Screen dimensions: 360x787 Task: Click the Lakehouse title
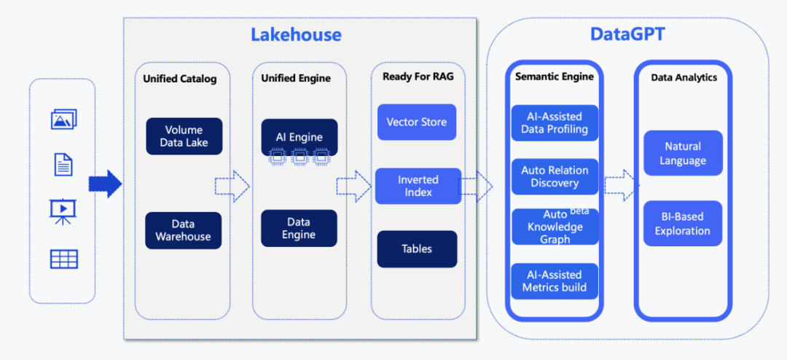[296, 34]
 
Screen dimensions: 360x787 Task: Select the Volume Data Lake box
[184, 136]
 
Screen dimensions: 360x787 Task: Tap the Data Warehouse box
[183, 230]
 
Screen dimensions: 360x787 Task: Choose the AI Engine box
[299, 137]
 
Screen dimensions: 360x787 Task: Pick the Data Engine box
[299, 228]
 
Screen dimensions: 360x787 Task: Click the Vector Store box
[417, 122]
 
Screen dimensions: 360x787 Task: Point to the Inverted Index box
[418, 186]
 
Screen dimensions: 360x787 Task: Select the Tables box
[417, 249]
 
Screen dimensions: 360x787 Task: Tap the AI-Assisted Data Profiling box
[554, 123]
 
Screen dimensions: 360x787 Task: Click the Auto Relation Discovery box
[554, 176]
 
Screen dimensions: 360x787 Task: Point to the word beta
[579, 211]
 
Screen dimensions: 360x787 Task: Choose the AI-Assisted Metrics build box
[554, 281]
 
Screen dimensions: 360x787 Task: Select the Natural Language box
[683, 153]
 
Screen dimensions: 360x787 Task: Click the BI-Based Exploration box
[683, 224]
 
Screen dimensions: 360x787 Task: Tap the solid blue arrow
[105, 184]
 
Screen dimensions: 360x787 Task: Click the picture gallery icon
[64, 120]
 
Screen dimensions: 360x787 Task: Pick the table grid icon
[64, 259]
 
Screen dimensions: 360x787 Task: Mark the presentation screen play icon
[63, 210]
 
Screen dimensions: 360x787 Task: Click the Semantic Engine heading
[554, 77]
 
